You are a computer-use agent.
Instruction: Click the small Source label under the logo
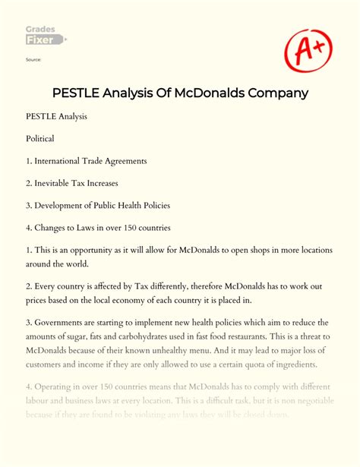point(33,59)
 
